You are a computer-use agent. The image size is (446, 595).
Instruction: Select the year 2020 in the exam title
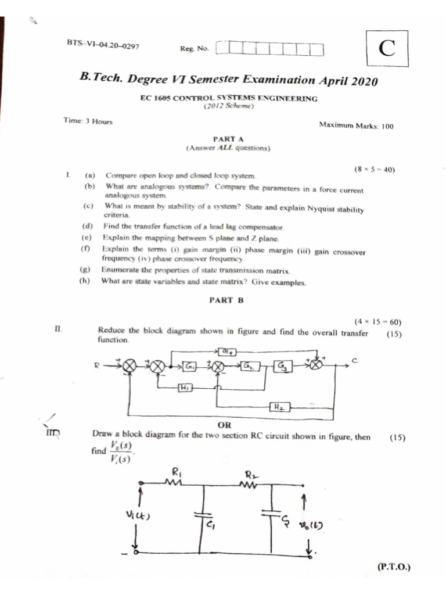362,81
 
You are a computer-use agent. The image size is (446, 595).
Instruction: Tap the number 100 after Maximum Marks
387,125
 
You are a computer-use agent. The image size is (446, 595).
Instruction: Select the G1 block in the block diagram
190,365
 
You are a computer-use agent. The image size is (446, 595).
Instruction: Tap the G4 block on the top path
226,351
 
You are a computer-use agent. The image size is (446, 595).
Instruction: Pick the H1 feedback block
184,388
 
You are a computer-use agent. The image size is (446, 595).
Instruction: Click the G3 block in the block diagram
283,366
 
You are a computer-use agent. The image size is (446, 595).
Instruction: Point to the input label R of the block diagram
97,365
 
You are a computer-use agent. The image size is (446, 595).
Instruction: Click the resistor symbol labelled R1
174,482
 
